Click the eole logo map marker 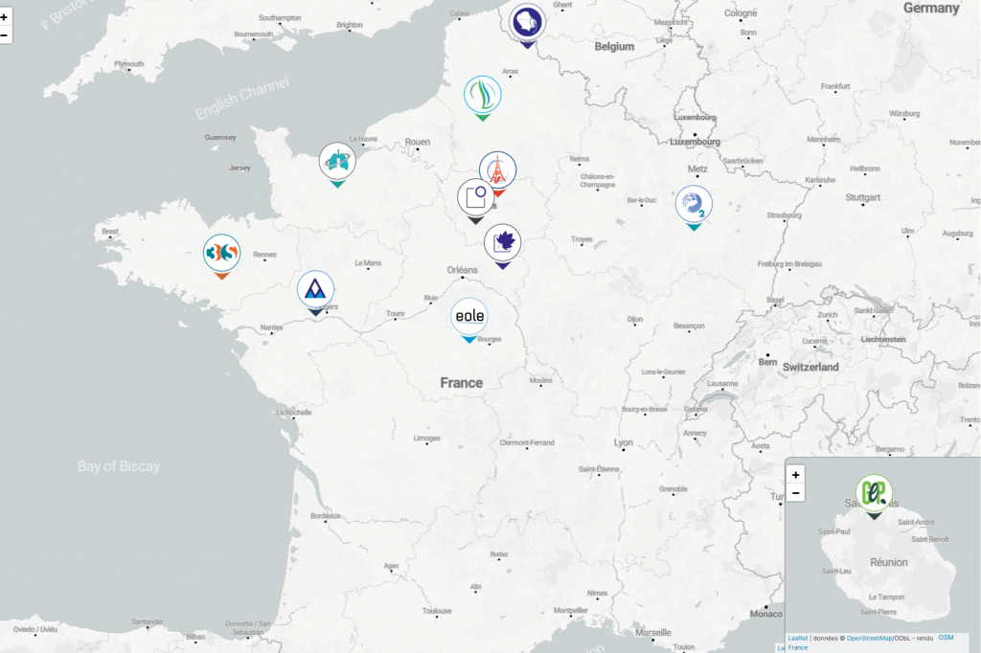tap(468, 316)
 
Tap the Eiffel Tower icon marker tap(497, 170)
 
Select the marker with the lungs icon tap(337, 161)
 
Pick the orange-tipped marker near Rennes tap(221, 254)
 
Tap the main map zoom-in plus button tap(5, 17)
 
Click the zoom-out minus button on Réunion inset tap(796, 493)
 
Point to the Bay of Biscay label tap(119, 466)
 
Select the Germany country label tap(930, 8)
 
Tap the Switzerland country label tap(810, 367)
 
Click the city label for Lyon tap(624, 442)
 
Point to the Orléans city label tap(462, 269)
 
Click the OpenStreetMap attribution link tap(869, 639)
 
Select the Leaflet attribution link tap(797, 639)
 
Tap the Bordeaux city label tap(326, 515)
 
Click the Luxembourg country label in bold tap(695, 142)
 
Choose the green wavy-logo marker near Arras tap(483, 95)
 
